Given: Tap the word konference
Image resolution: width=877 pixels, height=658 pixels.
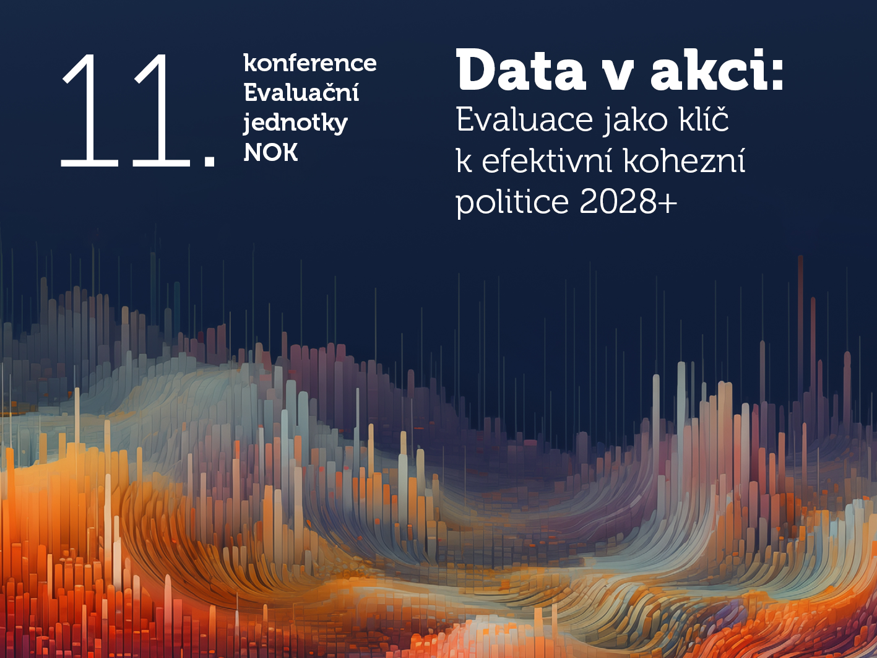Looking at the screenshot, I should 310,63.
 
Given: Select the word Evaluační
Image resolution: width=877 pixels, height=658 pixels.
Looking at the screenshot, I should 301,93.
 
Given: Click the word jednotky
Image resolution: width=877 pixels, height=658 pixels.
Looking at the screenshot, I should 295,123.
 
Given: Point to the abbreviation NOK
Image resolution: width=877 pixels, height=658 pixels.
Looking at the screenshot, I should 271,153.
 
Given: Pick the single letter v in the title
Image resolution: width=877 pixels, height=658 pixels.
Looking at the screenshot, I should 617,76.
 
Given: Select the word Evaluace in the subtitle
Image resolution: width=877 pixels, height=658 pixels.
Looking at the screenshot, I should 524,120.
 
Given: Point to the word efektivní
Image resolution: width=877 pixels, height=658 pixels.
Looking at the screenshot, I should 547,161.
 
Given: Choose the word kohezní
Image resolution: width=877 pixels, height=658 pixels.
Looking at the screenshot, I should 684,161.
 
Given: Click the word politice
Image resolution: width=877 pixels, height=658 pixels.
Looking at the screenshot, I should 512,202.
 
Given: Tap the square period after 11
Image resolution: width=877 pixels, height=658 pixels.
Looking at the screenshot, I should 209,160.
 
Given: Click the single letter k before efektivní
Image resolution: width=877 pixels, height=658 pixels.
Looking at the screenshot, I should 464,161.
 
